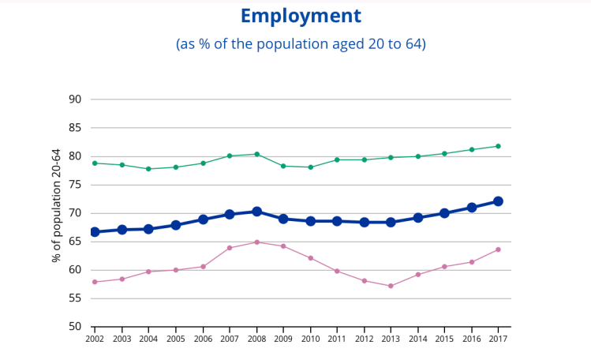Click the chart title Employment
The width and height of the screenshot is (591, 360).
click(301, 16)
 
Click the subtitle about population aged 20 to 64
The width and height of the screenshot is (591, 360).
click(301, 44)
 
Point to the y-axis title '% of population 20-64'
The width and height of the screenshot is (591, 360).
click(57, 205)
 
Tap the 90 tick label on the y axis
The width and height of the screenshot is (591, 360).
click(76, 99)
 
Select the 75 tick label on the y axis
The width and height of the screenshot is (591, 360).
click(76, 185)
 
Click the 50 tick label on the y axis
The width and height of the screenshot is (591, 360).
click(76, 327)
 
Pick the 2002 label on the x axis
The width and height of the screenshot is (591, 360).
click(95, 339)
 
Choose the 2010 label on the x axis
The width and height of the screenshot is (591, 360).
click(310, 339)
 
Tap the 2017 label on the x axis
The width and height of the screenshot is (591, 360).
click(499, 339)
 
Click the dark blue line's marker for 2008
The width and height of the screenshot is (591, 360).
click(256, 212)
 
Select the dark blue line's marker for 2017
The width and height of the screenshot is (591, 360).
click(499, 201)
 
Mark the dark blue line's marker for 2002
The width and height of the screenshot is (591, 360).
click(95, 232)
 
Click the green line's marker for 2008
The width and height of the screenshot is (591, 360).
click(256, 154)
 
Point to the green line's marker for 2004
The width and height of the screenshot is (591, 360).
click(148, 169)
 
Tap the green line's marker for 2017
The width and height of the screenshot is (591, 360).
click(499, 146)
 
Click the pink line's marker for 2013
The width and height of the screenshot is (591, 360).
click(391, 286)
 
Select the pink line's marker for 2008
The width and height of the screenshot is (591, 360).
click(256, 242)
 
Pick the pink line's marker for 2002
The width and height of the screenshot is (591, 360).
click(95, 282)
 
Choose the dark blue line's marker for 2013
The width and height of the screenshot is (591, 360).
click(391, 223)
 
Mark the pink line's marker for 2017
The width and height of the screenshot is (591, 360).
click(499, 249)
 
